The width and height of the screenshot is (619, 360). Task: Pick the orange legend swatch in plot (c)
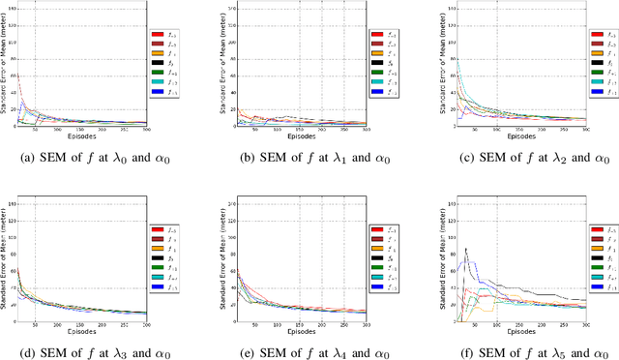coord(597,60)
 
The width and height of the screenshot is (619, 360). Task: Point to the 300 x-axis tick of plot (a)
coord(147,129)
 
